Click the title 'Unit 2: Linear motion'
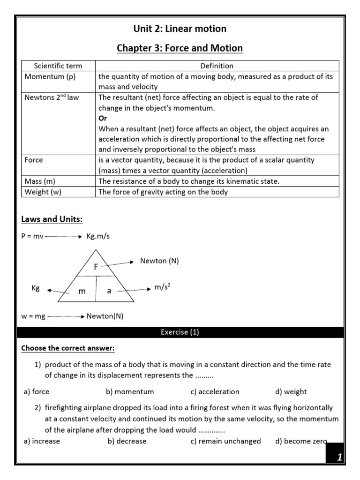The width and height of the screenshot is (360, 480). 180,29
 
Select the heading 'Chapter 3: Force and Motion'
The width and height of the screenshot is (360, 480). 180,48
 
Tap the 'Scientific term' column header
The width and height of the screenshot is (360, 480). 59,66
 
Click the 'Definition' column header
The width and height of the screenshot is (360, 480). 217,66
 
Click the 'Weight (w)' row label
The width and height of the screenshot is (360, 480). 44,192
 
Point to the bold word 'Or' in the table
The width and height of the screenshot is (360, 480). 103,119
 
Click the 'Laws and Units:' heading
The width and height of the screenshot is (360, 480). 52,219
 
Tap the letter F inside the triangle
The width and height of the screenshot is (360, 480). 96,267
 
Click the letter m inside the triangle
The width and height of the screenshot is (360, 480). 82,291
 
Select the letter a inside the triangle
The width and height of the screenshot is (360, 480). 109,291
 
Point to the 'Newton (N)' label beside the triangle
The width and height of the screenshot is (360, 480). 159,261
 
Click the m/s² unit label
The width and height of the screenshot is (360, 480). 162,287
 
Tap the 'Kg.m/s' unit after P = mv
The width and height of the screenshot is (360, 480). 98,236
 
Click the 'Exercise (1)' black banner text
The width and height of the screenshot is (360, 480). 180,332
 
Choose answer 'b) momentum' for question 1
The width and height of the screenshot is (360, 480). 130,391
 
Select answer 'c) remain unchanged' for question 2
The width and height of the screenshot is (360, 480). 225,441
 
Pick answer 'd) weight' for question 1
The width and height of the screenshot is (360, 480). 291,391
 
